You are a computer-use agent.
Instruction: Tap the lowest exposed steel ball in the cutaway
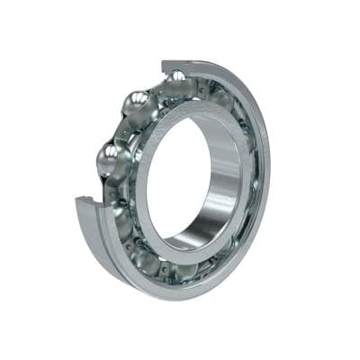tap(112, 162)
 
